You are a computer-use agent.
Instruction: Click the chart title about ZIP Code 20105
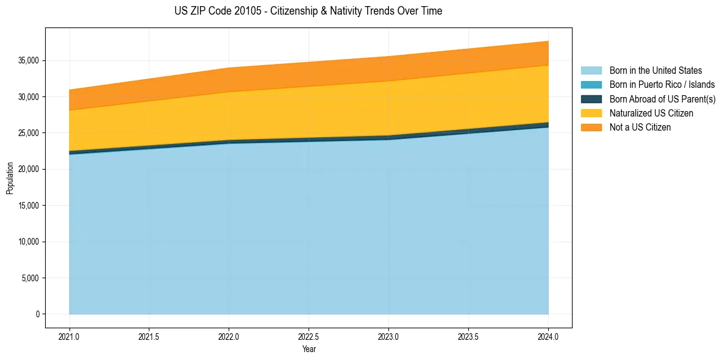coord(308,11)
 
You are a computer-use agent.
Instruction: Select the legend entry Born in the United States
coord(655,71)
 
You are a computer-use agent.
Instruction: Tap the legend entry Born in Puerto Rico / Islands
coord(662,85)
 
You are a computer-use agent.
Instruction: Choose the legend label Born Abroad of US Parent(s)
coord(662,99)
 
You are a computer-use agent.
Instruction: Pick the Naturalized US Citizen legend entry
coord(651,113)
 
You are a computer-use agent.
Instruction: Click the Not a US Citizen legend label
coord(640,128)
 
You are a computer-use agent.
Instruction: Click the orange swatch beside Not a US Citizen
coord(591,128)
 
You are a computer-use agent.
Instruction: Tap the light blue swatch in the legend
coord(591,71)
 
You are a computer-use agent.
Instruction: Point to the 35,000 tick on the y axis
coord(29,61)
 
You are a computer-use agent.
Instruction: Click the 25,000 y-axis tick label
coord(29,133)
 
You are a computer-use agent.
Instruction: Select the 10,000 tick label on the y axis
coord(29,242)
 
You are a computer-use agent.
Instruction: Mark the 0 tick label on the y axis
coord(37,314)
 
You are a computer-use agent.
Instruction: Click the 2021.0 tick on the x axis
coord(69,336)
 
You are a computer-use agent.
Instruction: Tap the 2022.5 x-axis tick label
coord(309,336)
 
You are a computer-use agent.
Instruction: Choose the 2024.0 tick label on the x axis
coord(548,336)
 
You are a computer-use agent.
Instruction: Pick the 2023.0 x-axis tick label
coord(388,336)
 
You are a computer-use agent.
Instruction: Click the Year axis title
coord(309,349)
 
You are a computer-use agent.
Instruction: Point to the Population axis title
coord(10,178)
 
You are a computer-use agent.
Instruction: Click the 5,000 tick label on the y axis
coord(30,278)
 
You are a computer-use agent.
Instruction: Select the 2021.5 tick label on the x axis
coord(149,336)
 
